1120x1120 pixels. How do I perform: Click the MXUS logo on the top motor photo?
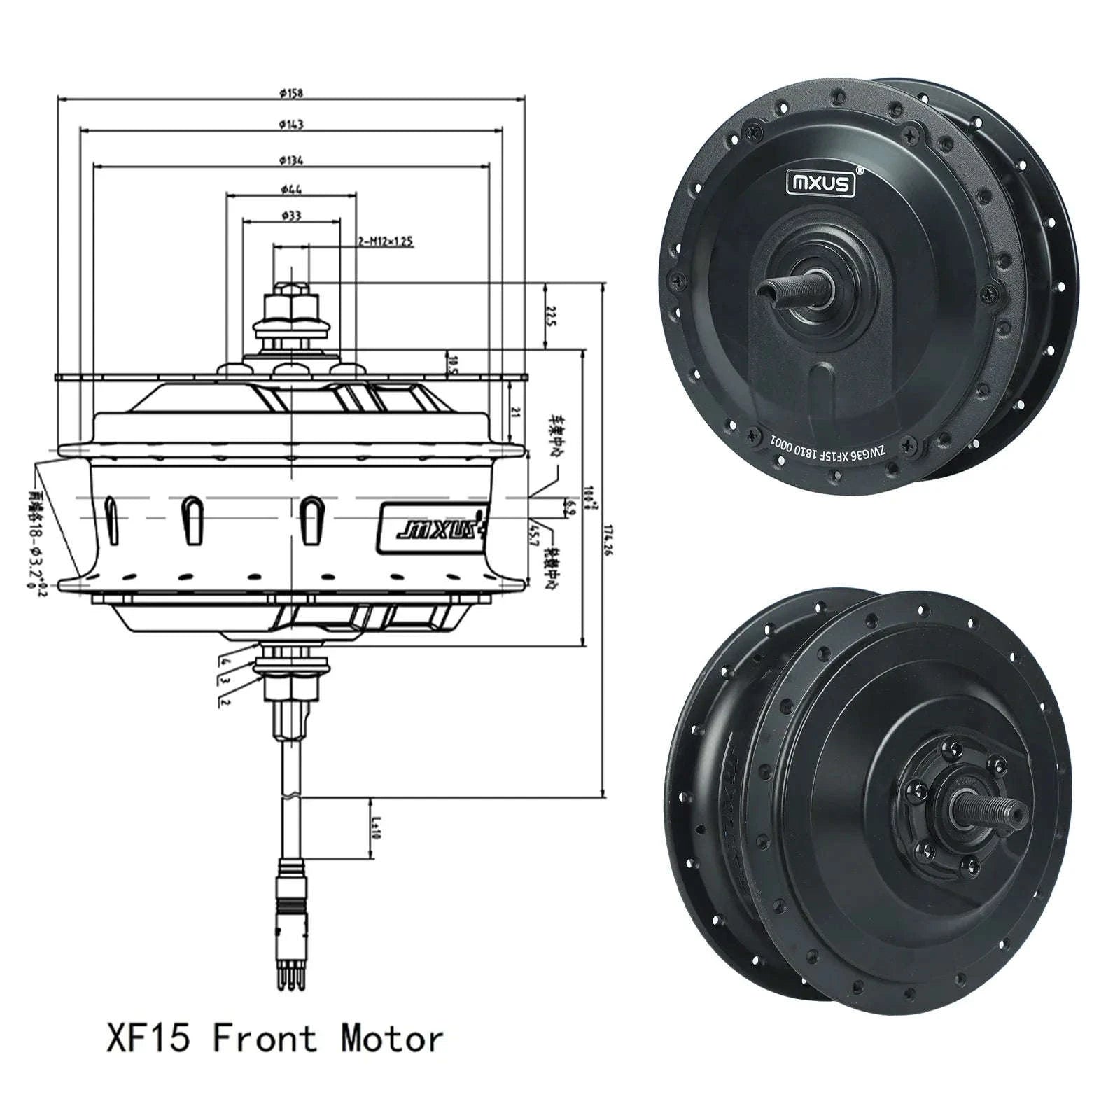tap(821, 183)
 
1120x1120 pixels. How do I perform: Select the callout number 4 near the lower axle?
tap(225, 660)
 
